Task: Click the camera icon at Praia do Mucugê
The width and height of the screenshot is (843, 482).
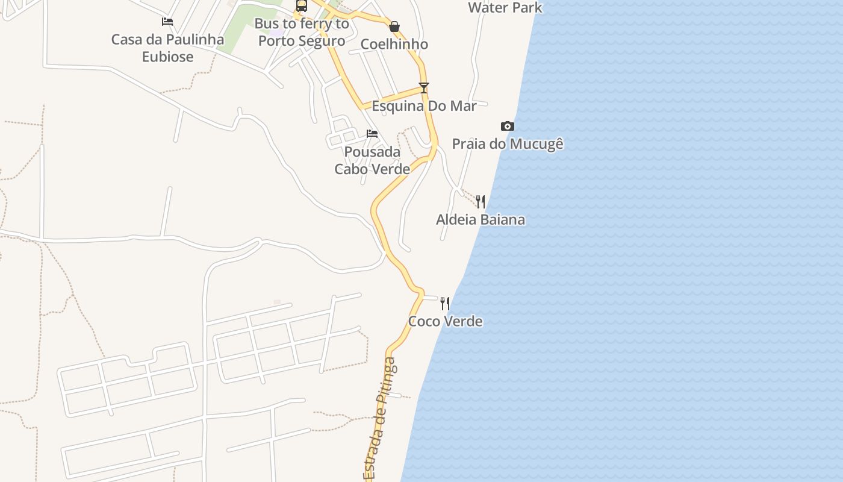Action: coord(508,126)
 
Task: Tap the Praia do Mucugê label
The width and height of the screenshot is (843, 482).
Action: coord(508,144)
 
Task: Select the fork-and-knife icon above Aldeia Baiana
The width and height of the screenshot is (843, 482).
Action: coord(480,201)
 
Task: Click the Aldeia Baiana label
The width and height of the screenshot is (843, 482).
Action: coord(480,219)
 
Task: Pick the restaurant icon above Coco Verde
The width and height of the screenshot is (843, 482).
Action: coord(444,303)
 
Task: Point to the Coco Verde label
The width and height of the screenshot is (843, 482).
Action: coord(445,321)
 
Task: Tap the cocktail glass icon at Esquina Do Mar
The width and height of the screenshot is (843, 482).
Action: coord(424,88)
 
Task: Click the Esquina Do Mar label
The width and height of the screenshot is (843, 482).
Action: coord(424,106)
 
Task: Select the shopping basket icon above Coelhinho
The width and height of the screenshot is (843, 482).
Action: coord(394,27)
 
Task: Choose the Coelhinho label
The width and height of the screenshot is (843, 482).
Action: coord(394,44)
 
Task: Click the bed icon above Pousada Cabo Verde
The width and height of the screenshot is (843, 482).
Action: coord(372,133)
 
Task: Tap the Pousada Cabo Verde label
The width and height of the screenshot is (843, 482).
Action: coord(372,160)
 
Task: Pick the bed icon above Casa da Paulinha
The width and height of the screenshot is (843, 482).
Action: coord(167,22)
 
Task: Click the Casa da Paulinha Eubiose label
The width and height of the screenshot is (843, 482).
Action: coord(167,48)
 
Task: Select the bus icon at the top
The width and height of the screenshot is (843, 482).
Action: coord(302,5)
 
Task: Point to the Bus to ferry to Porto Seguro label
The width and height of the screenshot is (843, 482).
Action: coord(302,33)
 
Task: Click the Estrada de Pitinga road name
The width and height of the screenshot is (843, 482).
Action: coord(381,419)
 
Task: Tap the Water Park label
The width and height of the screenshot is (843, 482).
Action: coord(505,8)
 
